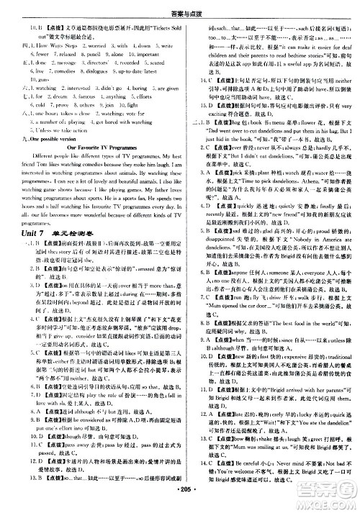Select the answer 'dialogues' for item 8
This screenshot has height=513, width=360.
pos(99,92)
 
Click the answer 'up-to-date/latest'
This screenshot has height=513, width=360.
pos(144,92)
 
